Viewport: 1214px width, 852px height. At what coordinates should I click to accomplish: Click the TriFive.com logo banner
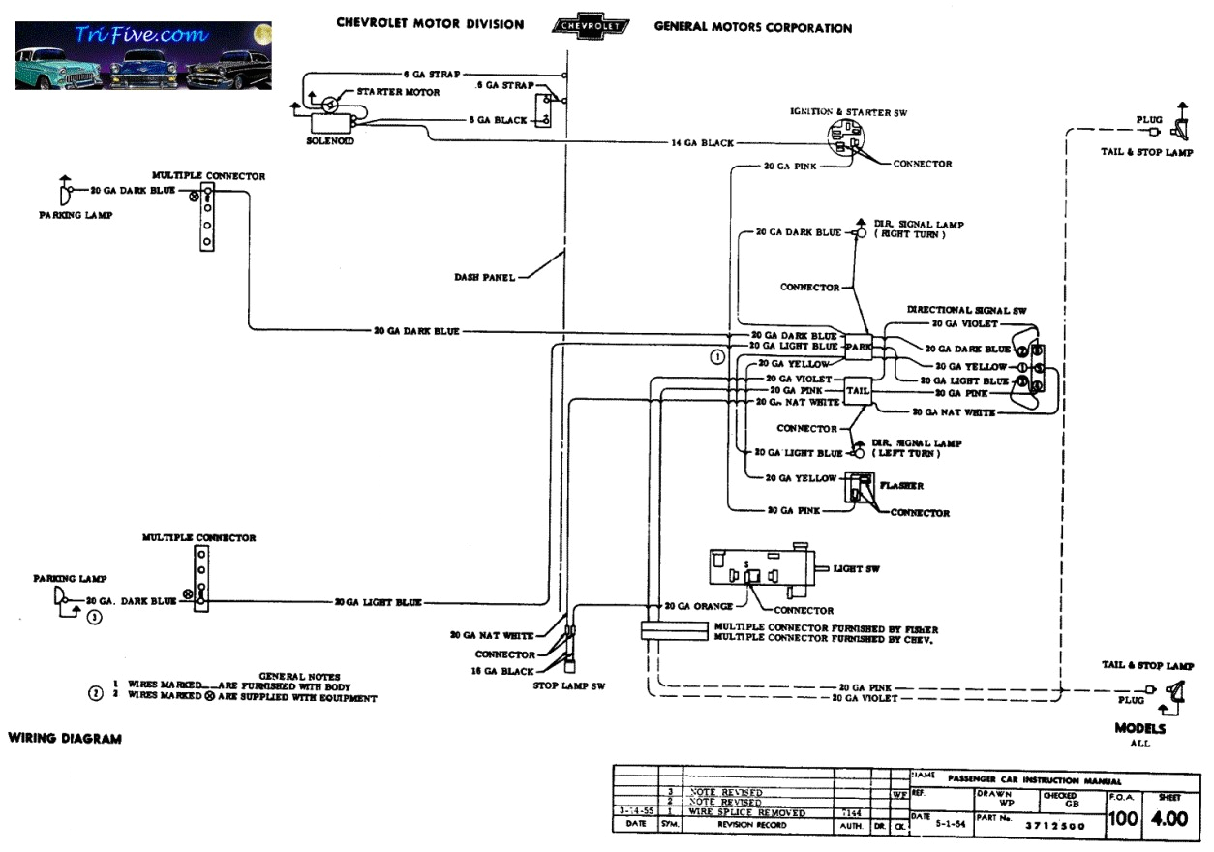[143, 55]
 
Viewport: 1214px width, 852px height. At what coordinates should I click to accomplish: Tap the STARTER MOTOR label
[398, 92]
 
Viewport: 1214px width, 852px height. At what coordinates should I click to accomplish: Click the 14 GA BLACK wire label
[702, 143]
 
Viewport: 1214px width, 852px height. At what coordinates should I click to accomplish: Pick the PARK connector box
[858, 346]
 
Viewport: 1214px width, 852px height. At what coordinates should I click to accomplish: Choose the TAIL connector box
[858, 389]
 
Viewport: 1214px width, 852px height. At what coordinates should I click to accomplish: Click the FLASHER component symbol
[858, 486]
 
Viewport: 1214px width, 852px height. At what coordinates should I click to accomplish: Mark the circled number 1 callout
[717, 356]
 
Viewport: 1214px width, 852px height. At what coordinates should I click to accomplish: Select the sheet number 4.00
[1168, 819]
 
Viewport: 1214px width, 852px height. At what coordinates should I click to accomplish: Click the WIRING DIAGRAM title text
[65, 739]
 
